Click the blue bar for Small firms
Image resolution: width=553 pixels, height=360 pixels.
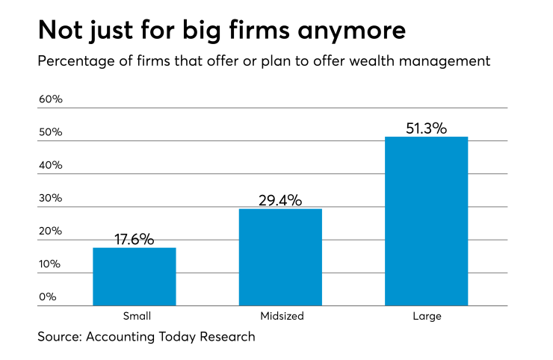tap(135, 276)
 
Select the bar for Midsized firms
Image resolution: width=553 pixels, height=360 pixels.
tap(280, 257)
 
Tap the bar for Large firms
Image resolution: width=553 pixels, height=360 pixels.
tap(426, 221)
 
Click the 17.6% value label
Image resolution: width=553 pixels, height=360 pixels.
tap(135, 240)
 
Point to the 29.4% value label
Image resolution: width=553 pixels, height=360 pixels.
tap(280, 200)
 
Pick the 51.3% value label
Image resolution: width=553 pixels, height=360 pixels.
tap(426, 128)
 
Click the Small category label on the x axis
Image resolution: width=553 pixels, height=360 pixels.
tap(135, 316)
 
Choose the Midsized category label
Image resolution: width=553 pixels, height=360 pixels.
tap(280, 316)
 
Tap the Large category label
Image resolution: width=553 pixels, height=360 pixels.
tap(426, 316)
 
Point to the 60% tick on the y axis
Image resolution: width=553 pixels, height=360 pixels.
tap(50, 99)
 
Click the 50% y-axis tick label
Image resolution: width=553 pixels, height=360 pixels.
tap(50, 132)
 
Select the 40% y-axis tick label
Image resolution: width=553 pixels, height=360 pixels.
tap(50, 165)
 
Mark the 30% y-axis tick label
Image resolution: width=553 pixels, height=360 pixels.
tap(50, 198)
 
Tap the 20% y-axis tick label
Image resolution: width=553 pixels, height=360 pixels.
tap(50, 231)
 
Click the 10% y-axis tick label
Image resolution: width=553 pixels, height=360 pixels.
tap(50, 264)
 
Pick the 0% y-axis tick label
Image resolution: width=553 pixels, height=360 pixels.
tap(47, 297)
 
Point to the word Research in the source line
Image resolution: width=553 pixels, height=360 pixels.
tap(226, 337)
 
